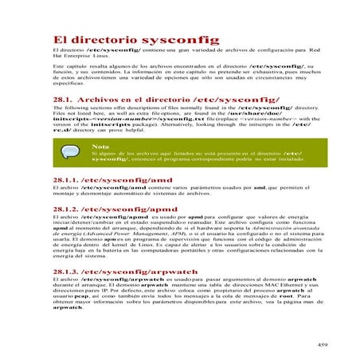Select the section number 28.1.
point(65,100)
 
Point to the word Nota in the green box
point(100,147)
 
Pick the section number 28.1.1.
point(70,181)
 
